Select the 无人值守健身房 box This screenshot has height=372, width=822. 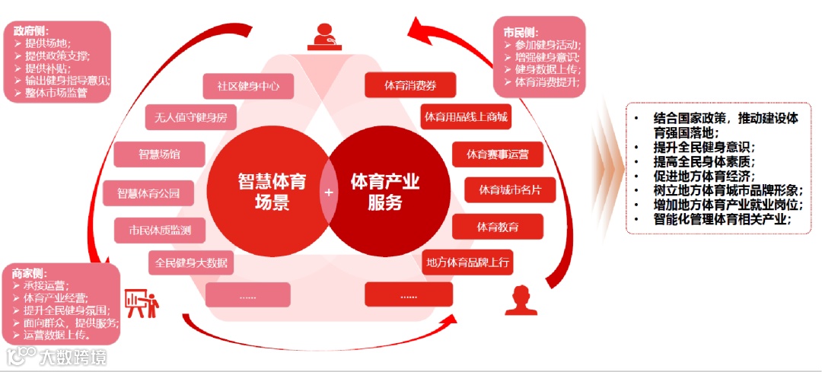[190, 118]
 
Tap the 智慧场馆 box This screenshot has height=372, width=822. [159, 154]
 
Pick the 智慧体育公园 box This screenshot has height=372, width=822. [148, 193]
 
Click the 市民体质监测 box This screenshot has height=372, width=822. [159, 229]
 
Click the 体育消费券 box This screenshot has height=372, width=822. [409, 84]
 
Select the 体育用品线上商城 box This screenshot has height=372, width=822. [466, 117]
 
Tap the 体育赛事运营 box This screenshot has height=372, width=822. [498, 154]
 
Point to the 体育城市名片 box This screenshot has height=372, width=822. [509, 189]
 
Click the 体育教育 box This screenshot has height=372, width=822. [498, 227]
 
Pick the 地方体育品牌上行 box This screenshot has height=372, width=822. [467, 262]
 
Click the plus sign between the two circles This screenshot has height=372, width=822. [329, 192]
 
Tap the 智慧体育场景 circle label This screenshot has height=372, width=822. [270, 192]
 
